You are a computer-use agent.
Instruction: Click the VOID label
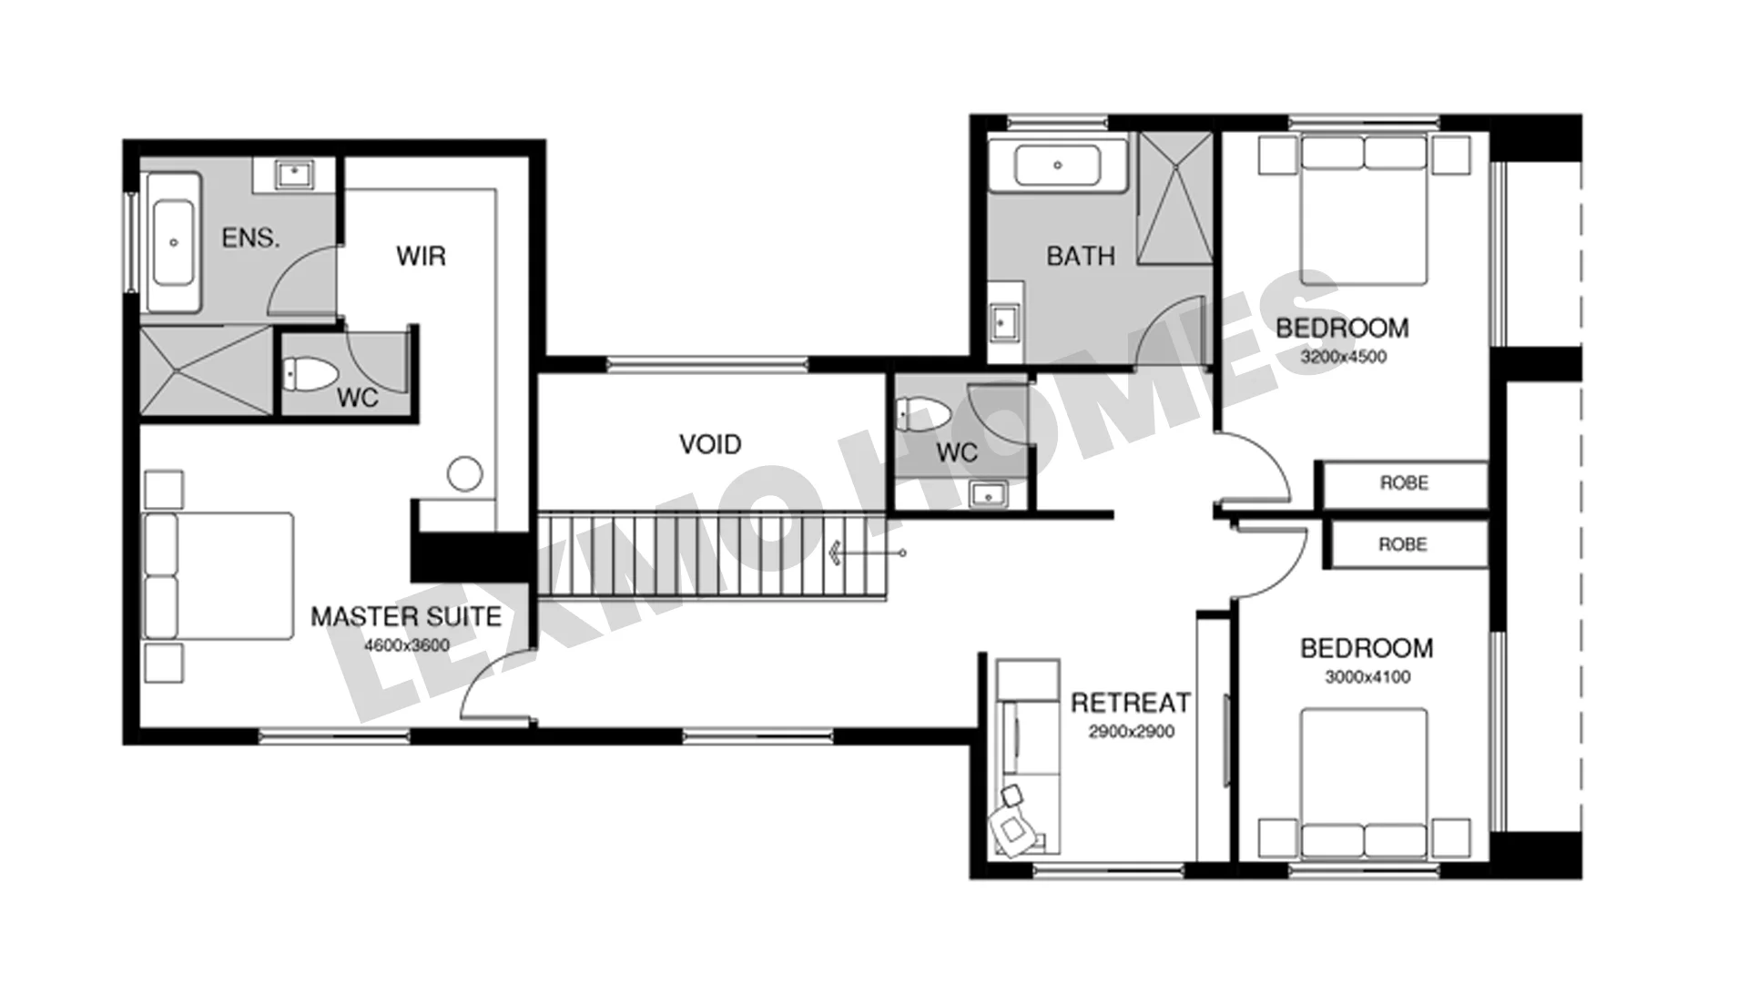(x=710, y=444)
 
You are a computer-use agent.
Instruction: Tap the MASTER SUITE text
(x=406, y=617)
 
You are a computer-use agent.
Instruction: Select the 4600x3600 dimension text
(x=407, y=646)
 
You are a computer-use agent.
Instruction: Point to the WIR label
(x=422, y=256)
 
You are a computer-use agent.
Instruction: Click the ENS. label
(x=250, y=238)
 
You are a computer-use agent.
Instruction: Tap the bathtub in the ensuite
(x=173, y=243)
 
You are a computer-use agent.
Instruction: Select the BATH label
(x=1081, y=257)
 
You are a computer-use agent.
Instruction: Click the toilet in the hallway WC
(x=923, y=414)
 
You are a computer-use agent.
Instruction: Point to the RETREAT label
(x=1131, y=703)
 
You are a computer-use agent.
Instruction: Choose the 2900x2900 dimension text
(x=1132, y=732)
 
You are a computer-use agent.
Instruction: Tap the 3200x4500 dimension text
(x=1344, y=357)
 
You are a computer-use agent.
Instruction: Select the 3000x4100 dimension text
(x=1367, y=677)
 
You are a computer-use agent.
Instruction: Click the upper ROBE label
(x=1404, y=482)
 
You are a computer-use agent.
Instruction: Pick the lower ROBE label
(x=1403, y=544)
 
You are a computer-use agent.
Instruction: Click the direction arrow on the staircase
(x=865, y=552)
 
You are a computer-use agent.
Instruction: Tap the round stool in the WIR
(x=464, y=473)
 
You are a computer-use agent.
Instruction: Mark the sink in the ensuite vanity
(x=294, y=172)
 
